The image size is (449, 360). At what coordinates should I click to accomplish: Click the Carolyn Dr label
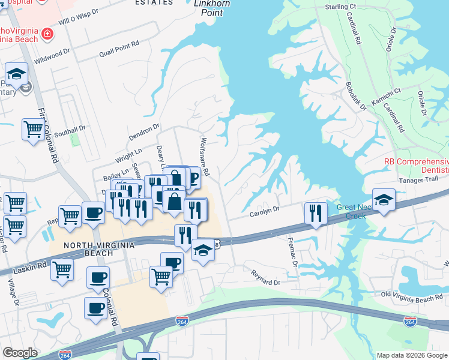(265, 210)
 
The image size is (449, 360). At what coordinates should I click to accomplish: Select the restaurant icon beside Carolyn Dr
(315, 212)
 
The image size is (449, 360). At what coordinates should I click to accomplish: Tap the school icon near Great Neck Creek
(384, 200)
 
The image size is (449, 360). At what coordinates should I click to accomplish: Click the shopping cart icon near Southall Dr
(33, 128)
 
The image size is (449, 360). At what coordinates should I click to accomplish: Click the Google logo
(20, 353)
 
